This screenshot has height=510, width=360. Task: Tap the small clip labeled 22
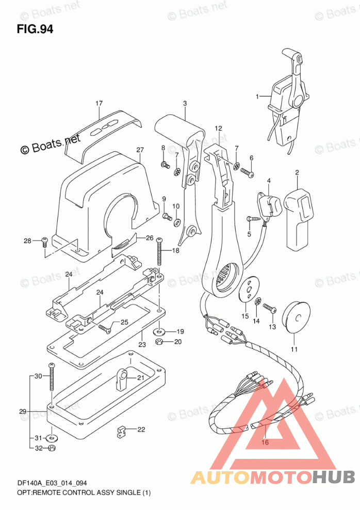[122, 431]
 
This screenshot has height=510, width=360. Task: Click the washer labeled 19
[160, 331]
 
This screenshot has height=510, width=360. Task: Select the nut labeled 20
[160, 342]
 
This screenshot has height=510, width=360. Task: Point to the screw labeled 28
[44, 241]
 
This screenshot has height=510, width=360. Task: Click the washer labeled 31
[52, 439]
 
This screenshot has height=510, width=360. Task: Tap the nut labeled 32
[52, 448]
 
